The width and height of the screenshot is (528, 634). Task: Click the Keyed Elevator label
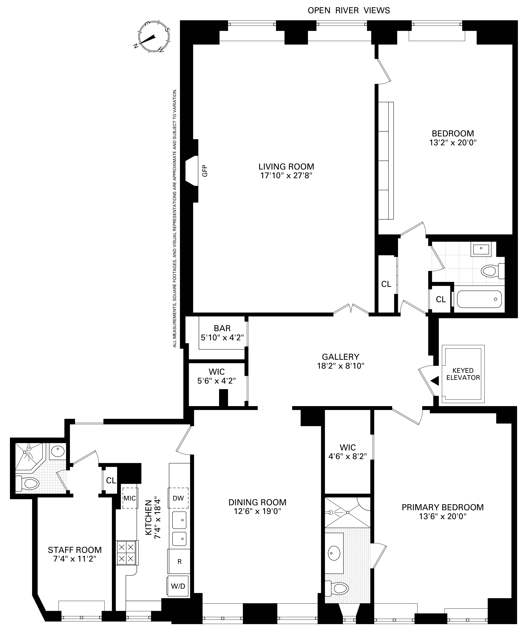pyautogui.click(x=463, y=374)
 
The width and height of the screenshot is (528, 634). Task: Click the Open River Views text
pyautogui.click(x=348, y=11)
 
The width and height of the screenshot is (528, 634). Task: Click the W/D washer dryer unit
pyautogui.click(x=178, y=586)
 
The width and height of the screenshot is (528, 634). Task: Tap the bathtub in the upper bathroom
pyautogui.click(x=479, y=299)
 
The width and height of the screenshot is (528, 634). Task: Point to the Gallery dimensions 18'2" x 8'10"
pyautogui.click(x=340, y=366)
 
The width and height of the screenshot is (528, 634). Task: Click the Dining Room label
pyautogui.click(x=257, y=502)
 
